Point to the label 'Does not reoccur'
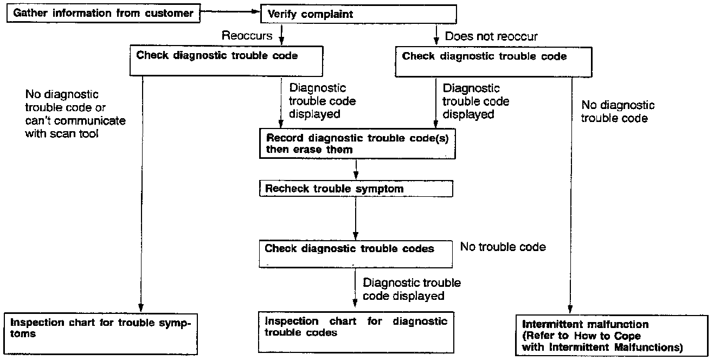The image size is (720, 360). [491, 36]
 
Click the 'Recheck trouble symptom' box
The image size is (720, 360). [356, 189]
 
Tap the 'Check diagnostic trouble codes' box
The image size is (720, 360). [356, 253]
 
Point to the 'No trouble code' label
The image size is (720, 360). [503, 247]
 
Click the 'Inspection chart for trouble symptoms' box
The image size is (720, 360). [100, 332]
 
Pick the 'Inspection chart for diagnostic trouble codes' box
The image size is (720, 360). [356, 331]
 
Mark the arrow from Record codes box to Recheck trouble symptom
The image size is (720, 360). [356, 170]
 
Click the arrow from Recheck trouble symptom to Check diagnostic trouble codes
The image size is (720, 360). [356, 217]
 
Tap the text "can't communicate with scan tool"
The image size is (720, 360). [75, 126]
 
